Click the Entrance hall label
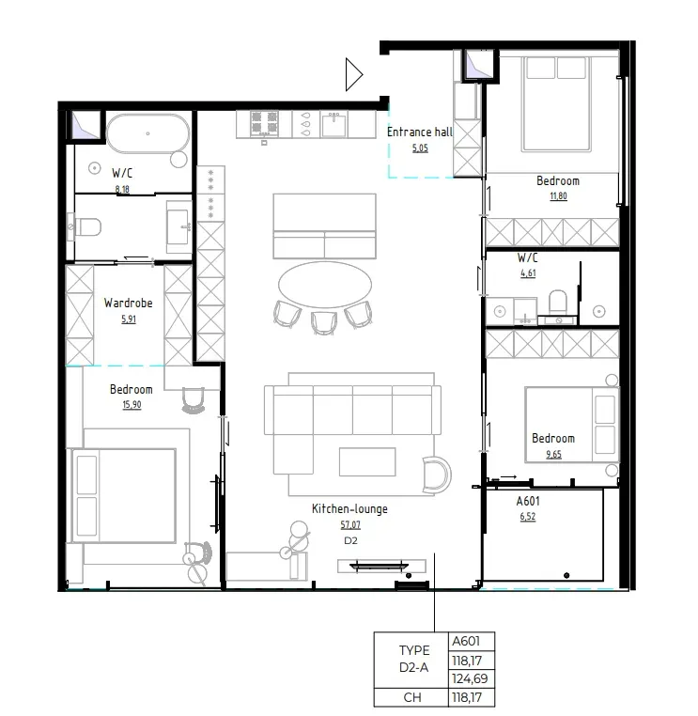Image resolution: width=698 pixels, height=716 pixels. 419,132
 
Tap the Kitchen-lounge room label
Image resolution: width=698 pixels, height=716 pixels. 349,509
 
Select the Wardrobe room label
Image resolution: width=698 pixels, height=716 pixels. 128,304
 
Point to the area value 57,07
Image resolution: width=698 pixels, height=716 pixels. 349,526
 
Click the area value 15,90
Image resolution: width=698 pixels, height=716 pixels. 131,405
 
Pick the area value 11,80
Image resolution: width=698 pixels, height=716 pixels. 557,196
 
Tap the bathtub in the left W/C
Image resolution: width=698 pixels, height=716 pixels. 147,133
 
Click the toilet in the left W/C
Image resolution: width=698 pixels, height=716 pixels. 87,226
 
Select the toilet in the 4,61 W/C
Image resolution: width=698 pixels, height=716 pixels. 557,302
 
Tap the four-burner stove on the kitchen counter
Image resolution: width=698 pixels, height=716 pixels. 265,123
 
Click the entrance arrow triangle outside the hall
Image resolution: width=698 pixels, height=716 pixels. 353,74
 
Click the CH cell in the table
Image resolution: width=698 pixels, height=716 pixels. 412,697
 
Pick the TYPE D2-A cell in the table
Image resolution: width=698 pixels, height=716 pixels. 412,660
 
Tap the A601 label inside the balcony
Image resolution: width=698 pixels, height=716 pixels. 528,501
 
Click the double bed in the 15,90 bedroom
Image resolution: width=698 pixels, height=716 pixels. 125,495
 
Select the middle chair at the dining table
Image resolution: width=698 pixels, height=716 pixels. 322,321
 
